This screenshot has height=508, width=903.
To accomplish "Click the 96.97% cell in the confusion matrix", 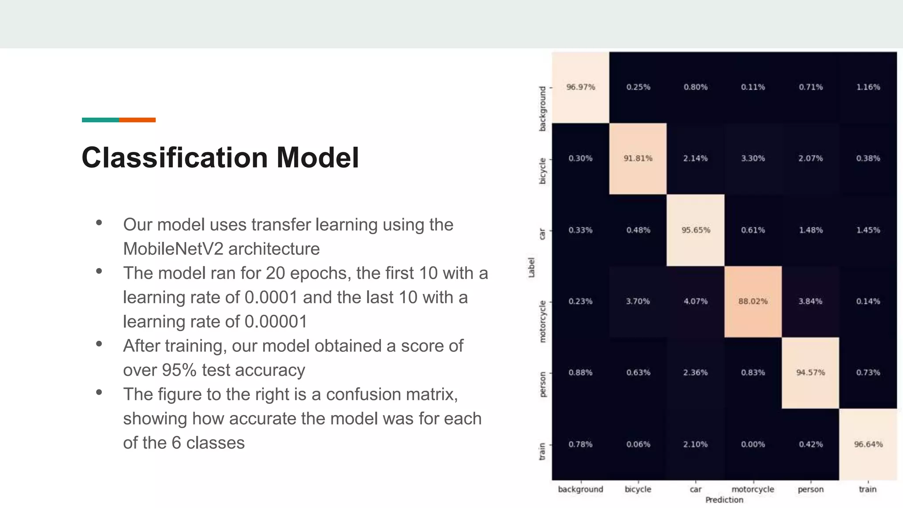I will point(580,87).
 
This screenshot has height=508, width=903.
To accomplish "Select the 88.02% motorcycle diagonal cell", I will point(753,302).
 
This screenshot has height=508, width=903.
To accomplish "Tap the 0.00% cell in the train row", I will point(753,444).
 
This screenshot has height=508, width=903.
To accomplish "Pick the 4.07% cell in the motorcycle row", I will point(695,302).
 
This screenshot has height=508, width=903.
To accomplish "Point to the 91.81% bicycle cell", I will point(638,159).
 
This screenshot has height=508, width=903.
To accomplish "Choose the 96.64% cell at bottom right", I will point(868,444).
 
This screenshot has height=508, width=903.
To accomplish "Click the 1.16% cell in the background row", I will point(868,87).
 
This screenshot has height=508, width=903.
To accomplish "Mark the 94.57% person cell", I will point(810,373).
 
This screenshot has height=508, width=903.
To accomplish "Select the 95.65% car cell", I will point(695,230).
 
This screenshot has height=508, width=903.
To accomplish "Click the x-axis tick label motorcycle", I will point(753,489).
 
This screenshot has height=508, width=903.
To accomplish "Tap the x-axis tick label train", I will point(868,489).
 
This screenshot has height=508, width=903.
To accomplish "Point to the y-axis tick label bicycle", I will point(542,171).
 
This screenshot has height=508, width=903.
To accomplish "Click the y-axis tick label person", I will point(542,384).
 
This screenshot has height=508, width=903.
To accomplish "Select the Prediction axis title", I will point(724,500).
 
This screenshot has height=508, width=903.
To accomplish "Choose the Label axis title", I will point(531,268).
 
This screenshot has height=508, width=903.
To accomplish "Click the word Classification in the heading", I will point(175,158).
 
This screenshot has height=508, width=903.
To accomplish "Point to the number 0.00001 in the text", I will point(276,322).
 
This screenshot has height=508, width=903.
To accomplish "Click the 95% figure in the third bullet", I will point(179,370).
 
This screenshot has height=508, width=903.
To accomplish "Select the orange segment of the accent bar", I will point(137,120).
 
